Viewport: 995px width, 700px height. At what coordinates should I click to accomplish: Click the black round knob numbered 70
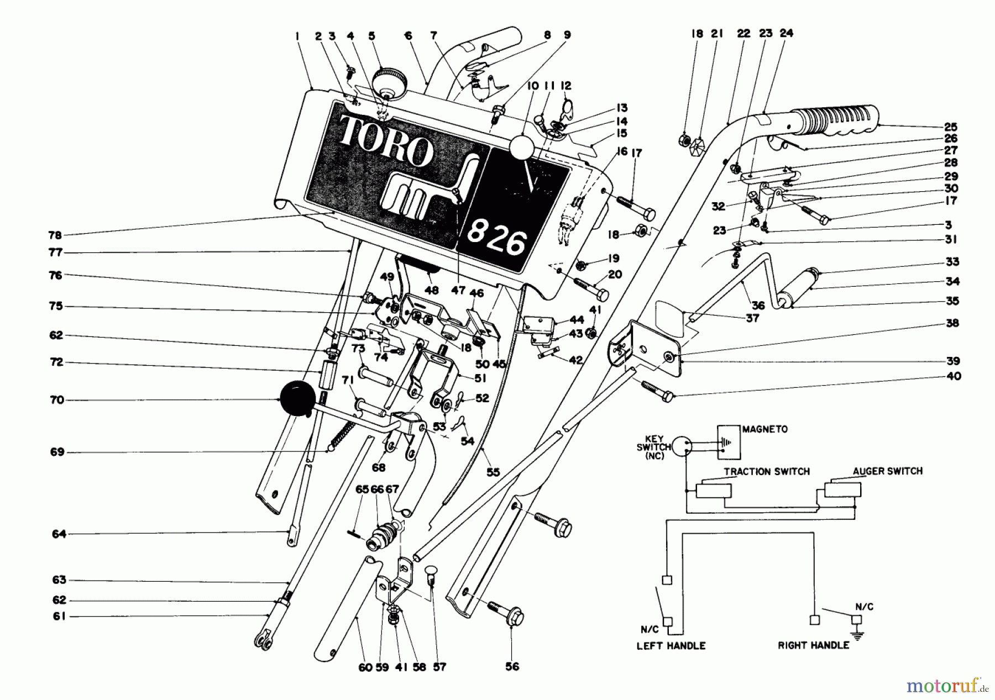tap(297, 400)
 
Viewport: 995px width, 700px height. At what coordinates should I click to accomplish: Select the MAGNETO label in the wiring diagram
tap(765, 429)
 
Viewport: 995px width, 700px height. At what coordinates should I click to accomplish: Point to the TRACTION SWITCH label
tap(767, 471)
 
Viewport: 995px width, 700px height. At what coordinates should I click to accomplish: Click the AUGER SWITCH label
tap(887, 471)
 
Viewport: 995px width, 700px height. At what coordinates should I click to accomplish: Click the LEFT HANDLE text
tap(671, 645)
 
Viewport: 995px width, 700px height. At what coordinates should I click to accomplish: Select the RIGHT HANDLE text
tap(813, 645)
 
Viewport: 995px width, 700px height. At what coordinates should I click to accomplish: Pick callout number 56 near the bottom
tap(512, 667)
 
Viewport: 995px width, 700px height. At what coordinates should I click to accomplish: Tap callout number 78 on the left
tap(55, 235)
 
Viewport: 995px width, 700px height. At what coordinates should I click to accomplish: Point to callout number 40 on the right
tap(952, 376)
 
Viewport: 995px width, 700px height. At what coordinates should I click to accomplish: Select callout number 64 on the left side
tap(59, 534)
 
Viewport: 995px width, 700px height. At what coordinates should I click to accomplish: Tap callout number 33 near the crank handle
tap(952, 262)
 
